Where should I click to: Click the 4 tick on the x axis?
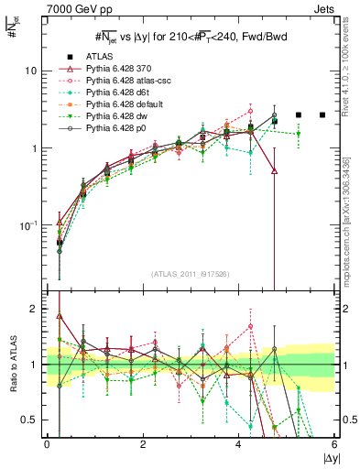click(239, 444)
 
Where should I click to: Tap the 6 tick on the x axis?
click(334, 444)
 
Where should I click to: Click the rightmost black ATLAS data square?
click(322, 115)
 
